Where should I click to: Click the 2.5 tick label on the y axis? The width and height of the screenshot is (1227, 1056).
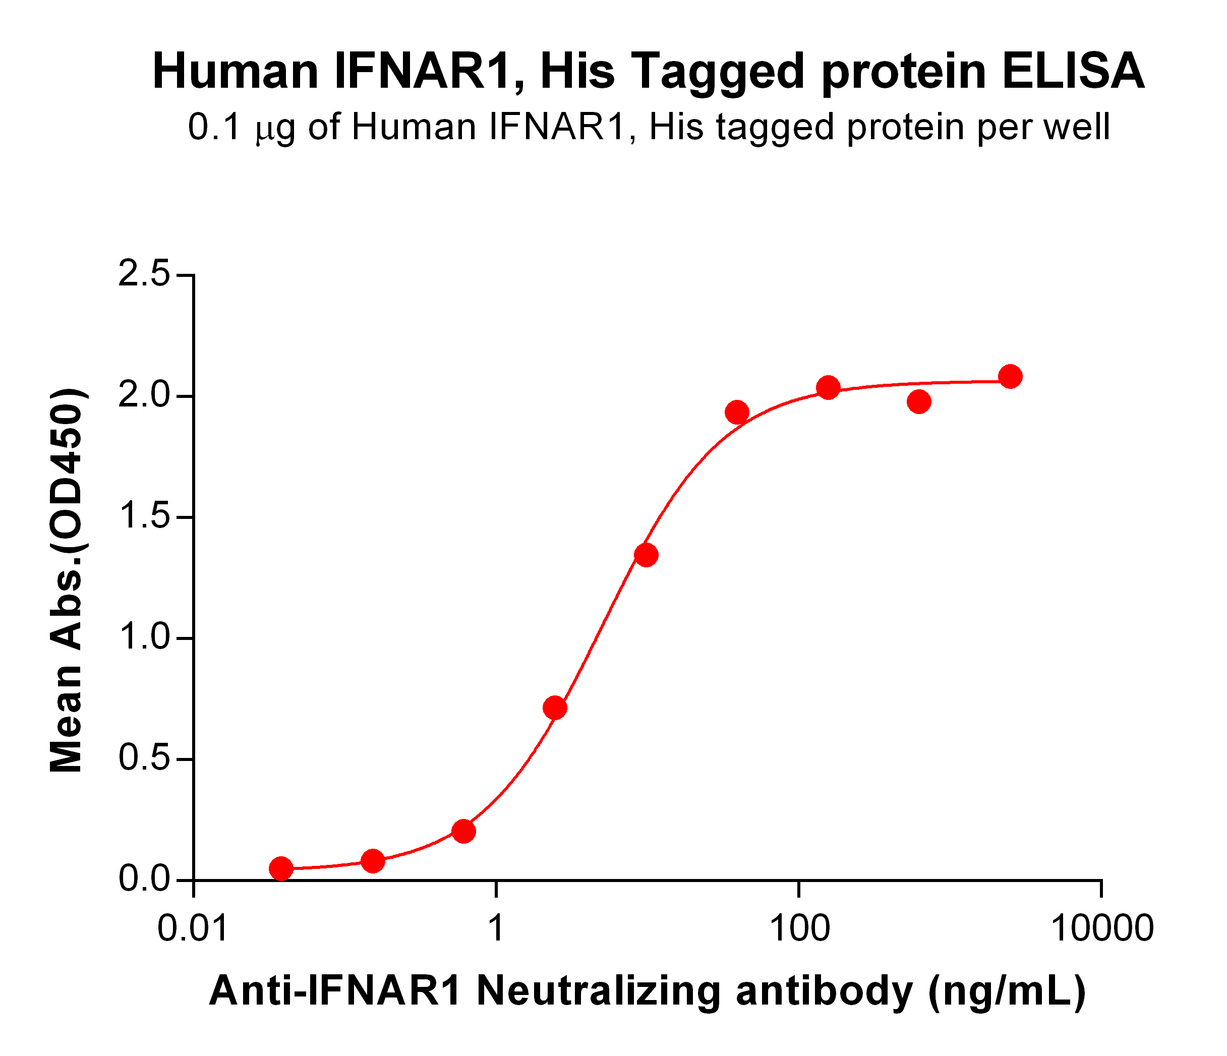(x=144, y=275)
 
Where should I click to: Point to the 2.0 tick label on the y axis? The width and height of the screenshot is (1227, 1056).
(x=144, y=396)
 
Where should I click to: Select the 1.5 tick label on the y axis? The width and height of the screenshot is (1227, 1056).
(x=144, y=517)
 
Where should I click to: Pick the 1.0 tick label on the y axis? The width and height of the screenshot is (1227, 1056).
(x=144, y=638)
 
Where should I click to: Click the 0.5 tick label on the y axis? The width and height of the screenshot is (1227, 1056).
(x=144, y=759)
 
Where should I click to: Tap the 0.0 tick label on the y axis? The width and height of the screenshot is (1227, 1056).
(x=144, y=880)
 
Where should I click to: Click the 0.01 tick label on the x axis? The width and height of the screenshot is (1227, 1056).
(x=193, y=928)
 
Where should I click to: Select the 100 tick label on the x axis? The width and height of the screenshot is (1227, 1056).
(x=799, y=928)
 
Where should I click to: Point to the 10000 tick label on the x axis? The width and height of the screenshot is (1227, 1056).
(x=1101, y=928)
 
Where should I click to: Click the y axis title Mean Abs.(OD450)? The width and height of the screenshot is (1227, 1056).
(x=67, y=581)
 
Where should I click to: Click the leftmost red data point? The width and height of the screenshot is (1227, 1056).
(x=281, y=869)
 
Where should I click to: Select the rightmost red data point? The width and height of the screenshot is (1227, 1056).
(x=1010, y=376)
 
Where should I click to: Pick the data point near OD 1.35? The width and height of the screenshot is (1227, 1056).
(x=646, y=555)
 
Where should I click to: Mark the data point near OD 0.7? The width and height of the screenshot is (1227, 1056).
(x=555, y=708)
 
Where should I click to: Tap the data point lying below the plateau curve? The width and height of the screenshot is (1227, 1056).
(x=918, y=402)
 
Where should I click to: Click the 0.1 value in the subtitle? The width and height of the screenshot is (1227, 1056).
(x=214, y=128)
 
